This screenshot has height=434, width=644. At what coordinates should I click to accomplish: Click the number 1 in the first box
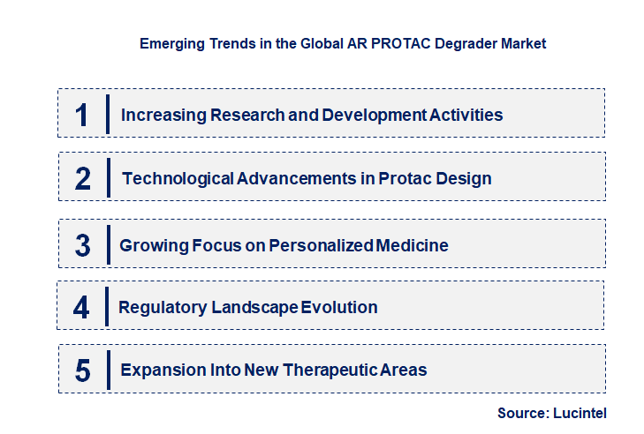[82, 115]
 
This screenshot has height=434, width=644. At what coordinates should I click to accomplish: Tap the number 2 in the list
[83, 178]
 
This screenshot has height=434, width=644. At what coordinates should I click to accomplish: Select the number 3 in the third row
[82, 245]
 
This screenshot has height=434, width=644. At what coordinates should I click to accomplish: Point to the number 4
[81, 307]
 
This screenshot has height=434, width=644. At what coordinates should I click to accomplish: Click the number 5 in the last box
[82, 370]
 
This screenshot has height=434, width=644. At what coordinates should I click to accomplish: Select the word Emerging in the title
[170, 42]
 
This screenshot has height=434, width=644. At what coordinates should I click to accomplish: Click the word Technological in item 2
[178, 178]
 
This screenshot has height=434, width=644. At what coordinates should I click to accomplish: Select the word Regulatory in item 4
[163, 307]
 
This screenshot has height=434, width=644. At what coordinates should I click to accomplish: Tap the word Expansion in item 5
[162, 370]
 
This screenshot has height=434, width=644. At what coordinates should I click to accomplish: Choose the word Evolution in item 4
[339, 307]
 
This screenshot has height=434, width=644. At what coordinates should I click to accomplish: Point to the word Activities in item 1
[466, 115]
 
